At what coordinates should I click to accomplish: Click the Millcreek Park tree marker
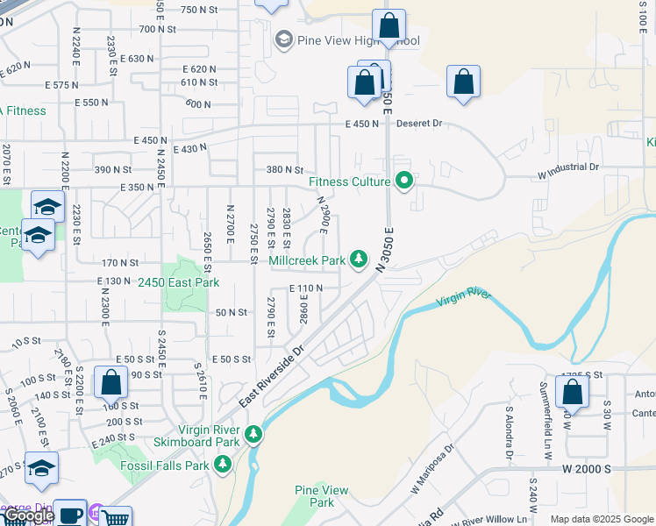pos(358,259)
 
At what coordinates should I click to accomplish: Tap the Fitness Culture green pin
pos(404,182)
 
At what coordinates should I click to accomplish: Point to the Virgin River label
pos(464,298)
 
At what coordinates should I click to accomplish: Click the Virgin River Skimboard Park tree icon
pos(253,434)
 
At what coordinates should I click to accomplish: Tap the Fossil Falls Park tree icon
pos(223,464)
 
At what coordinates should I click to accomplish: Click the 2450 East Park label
pos(178,282)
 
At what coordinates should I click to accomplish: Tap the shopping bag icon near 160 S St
pos(111,382)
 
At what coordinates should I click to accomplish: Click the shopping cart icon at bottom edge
pos(116,517)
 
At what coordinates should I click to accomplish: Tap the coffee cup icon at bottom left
pos(70,514)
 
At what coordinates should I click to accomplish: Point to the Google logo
pos(27,516)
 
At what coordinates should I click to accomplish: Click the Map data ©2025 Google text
pos(601,519)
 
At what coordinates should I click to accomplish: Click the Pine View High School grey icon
pos(283,39)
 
